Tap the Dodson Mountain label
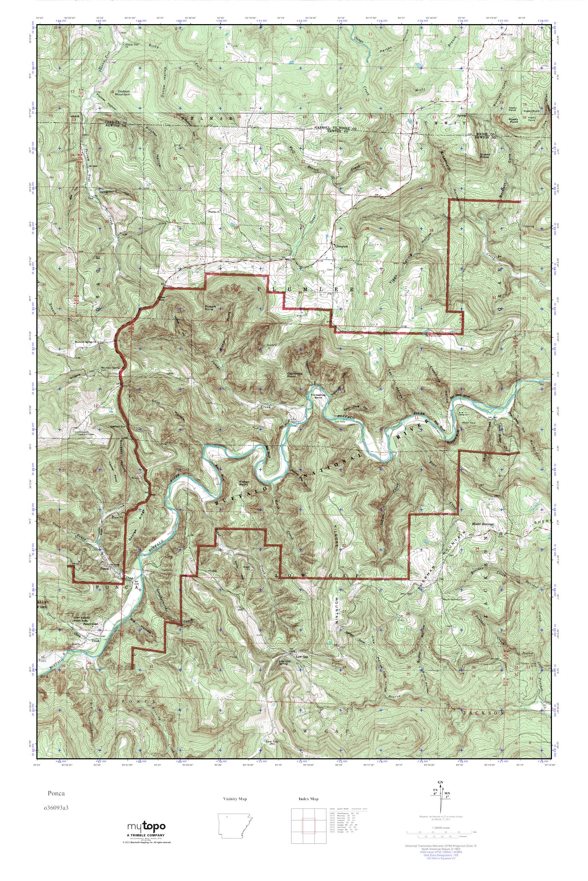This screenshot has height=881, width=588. click(124, 92)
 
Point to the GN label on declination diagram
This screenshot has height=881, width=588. click(440, 793)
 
